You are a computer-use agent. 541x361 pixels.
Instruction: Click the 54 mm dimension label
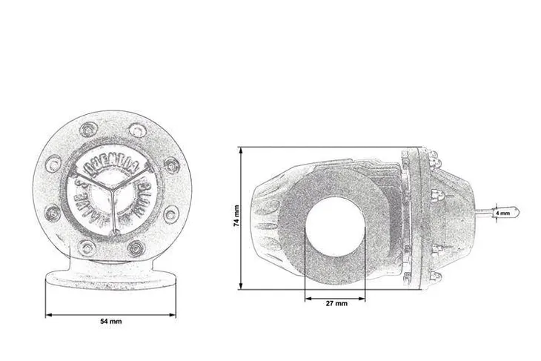coord(111,322)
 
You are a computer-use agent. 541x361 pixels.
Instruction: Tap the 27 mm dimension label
coord(336,304)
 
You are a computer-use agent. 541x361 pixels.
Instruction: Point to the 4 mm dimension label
coord(502,213)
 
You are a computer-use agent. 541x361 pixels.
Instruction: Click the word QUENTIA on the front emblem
coord(111,162)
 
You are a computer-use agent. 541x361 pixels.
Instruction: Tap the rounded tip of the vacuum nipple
coord(516,213)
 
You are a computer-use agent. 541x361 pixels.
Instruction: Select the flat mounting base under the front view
coord(111,279)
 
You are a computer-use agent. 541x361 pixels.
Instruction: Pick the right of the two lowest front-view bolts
coord(136,247)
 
